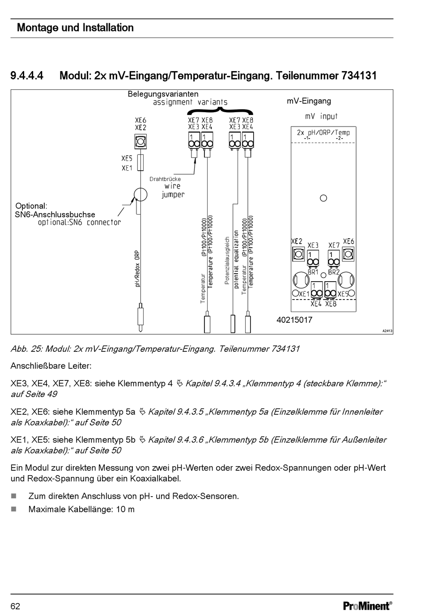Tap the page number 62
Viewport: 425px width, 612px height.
[15, 606]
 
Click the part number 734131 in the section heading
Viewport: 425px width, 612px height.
[359, 76]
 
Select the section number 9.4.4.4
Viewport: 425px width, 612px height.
[27, 76]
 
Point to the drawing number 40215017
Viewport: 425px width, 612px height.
[294, 320]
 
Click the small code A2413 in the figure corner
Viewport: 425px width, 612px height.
[387, 331]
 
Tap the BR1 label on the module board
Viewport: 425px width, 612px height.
[313, 272]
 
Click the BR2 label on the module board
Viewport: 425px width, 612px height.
[334, 272]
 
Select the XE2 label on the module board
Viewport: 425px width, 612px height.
[297, 241]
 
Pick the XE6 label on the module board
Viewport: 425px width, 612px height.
[348, 241]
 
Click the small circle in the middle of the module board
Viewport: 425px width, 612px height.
[323, 198]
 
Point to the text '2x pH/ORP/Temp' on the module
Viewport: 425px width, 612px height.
[323, 132]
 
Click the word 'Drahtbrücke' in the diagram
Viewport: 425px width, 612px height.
[165, 179]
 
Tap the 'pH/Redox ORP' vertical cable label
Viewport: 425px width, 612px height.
[138, 268]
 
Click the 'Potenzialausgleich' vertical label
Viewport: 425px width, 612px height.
[227, 261]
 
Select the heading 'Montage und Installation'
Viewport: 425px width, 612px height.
[75, 28]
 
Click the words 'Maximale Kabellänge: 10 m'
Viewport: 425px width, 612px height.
[81, 509]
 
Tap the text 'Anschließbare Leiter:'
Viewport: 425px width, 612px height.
[51, 366]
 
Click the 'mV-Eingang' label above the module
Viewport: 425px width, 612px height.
[309, 101]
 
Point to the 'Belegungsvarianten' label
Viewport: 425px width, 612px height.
[163, 94]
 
